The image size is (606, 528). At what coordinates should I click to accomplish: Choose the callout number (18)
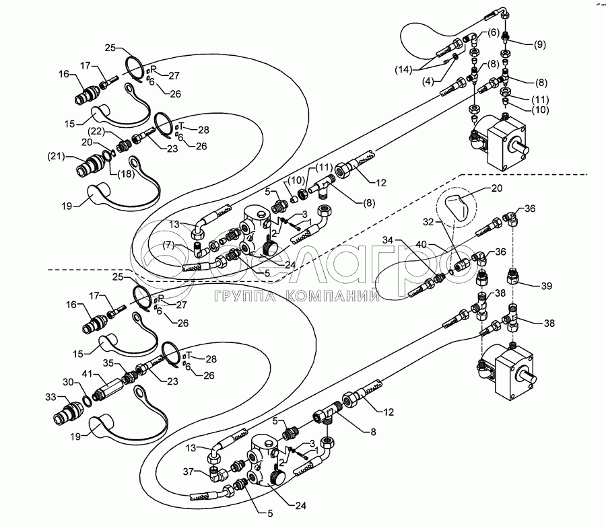pyautogui.click(x=125, y=174)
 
